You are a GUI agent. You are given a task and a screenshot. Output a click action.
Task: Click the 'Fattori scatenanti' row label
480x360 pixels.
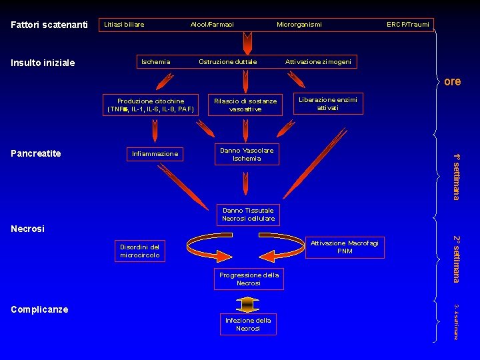point(49,25)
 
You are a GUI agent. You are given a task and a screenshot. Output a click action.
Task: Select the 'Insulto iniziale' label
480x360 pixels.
point(43,63)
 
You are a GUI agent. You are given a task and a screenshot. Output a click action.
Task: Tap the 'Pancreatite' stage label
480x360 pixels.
point(36,154)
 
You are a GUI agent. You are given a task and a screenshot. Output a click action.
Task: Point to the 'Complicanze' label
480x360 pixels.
point(39,309)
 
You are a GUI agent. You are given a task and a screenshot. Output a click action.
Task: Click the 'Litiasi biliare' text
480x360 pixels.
point(124,25)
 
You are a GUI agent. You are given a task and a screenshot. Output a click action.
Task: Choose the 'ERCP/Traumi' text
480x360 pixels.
point(408,25)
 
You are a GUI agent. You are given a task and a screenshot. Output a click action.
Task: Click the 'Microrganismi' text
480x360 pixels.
point(299,25)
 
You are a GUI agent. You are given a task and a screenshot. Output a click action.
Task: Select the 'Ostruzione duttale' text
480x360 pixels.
point(227,62)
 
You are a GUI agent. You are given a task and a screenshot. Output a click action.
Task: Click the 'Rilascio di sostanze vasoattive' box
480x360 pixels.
point(245,105)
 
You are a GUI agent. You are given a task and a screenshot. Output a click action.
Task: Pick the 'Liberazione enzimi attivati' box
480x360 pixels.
point(327,103)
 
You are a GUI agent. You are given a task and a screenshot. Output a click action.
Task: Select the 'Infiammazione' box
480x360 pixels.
point(155,154)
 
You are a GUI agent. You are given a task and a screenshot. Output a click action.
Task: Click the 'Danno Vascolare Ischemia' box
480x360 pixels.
point(247,155)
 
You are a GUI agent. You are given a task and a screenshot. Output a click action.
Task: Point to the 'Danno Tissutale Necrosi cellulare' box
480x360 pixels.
point(248,215)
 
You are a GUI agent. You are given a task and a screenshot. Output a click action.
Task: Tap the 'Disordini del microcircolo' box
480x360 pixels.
point(140,251)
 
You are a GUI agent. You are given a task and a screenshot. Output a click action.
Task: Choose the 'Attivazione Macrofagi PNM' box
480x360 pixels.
point(344,247)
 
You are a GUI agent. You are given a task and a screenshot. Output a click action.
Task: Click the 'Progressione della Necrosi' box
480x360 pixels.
point(248,279)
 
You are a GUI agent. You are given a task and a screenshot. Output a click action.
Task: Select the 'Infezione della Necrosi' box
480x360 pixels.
point(248,325)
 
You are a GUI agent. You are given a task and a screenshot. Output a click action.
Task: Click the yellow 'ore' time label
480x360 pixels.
point(452,81)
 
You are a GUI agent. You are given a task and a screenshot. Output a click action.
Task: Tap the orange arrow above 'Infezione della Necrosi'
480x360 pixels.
point(247,305)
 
